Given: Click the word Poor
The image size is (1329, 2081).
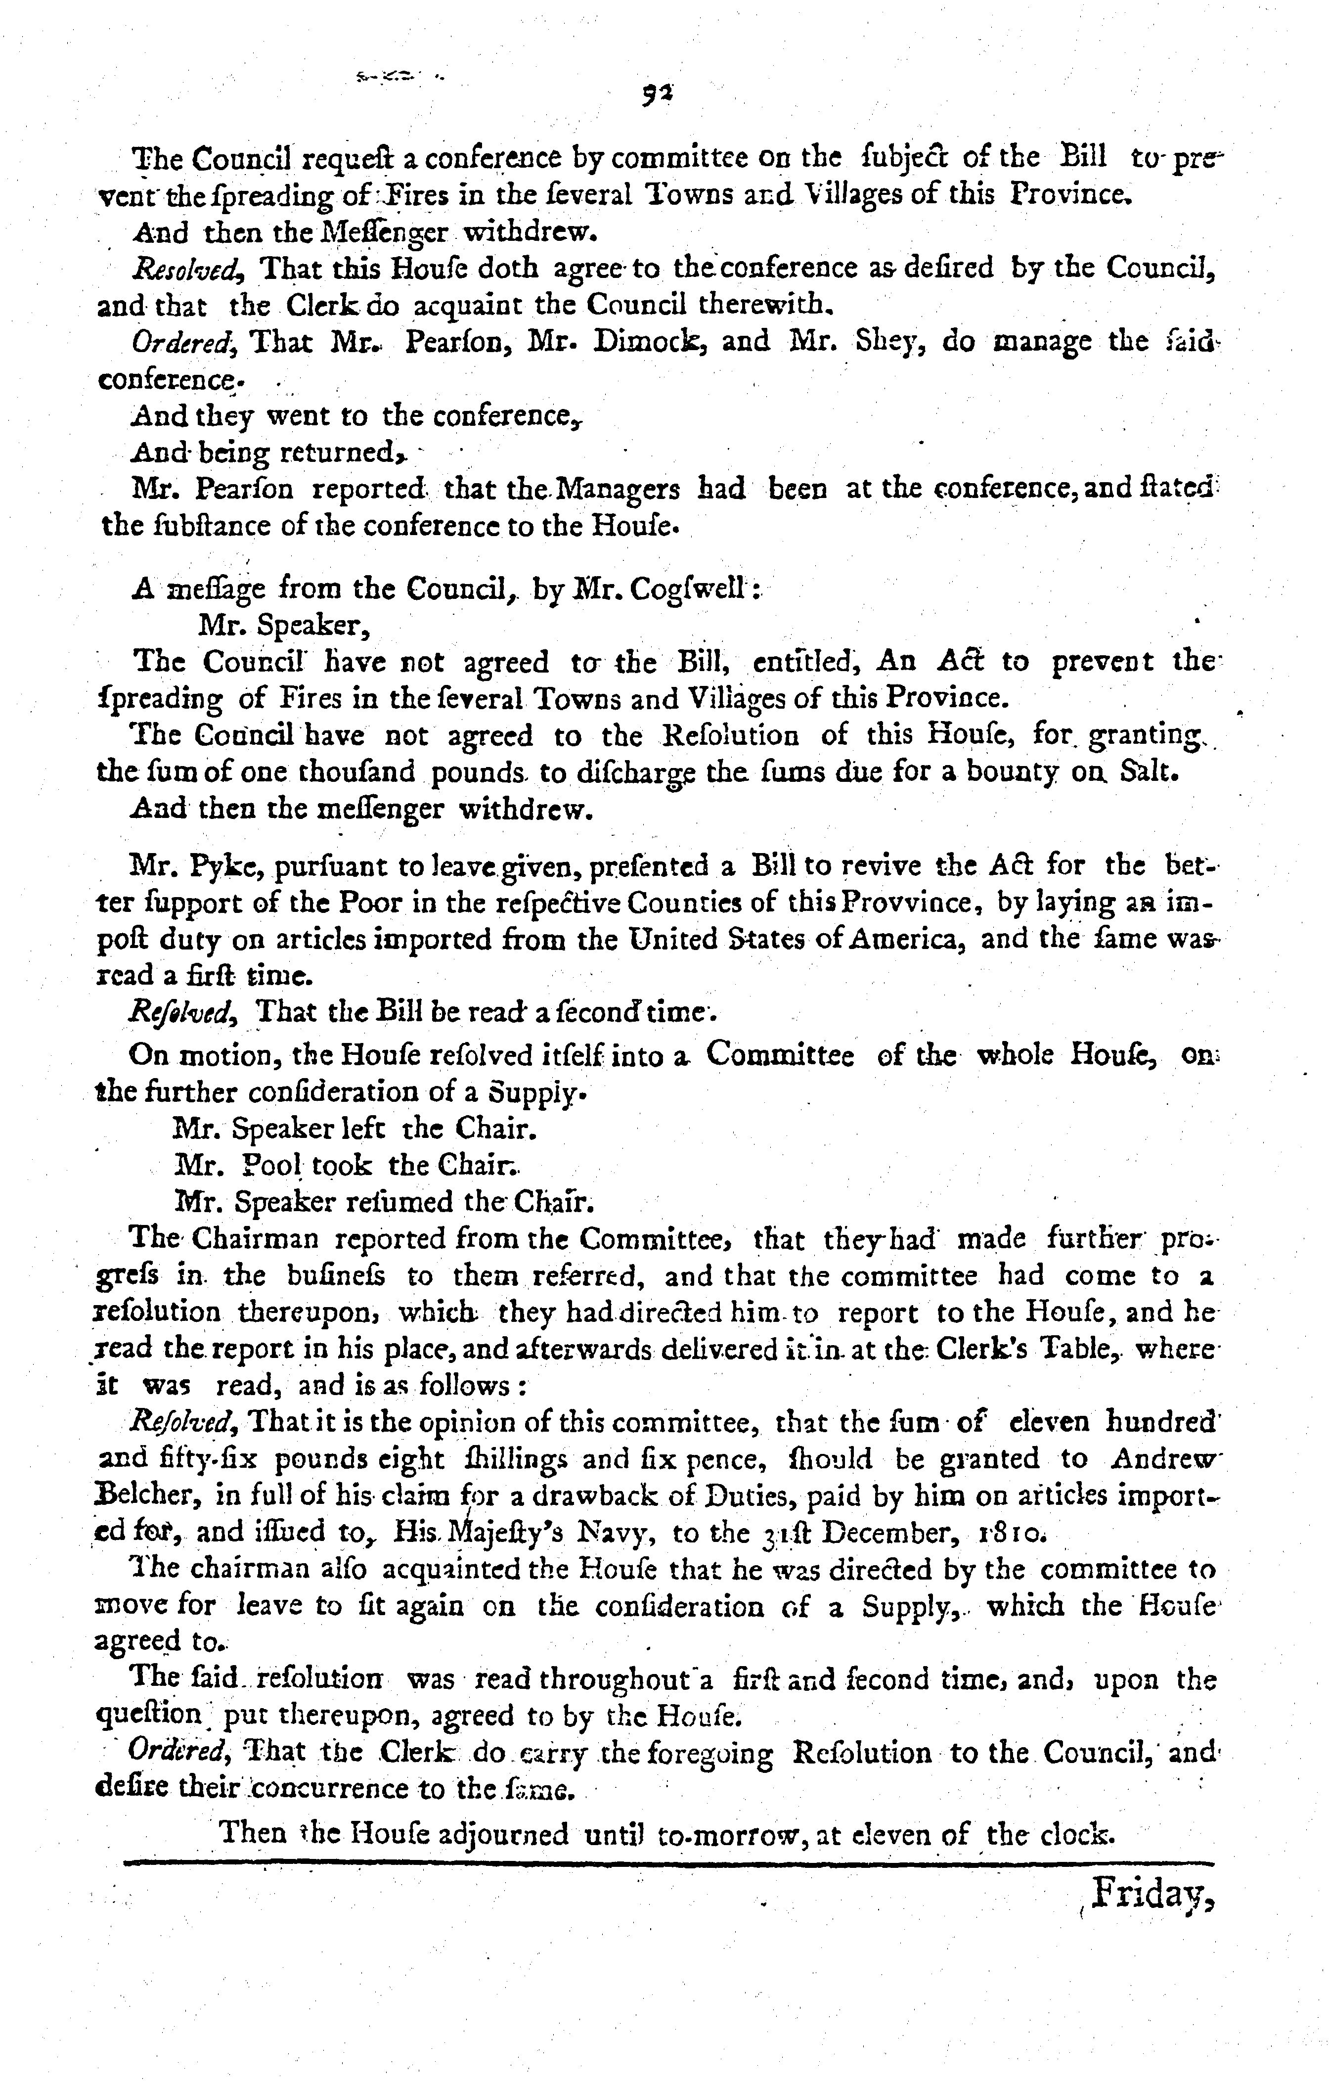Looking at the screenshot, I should click(368, 902).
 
